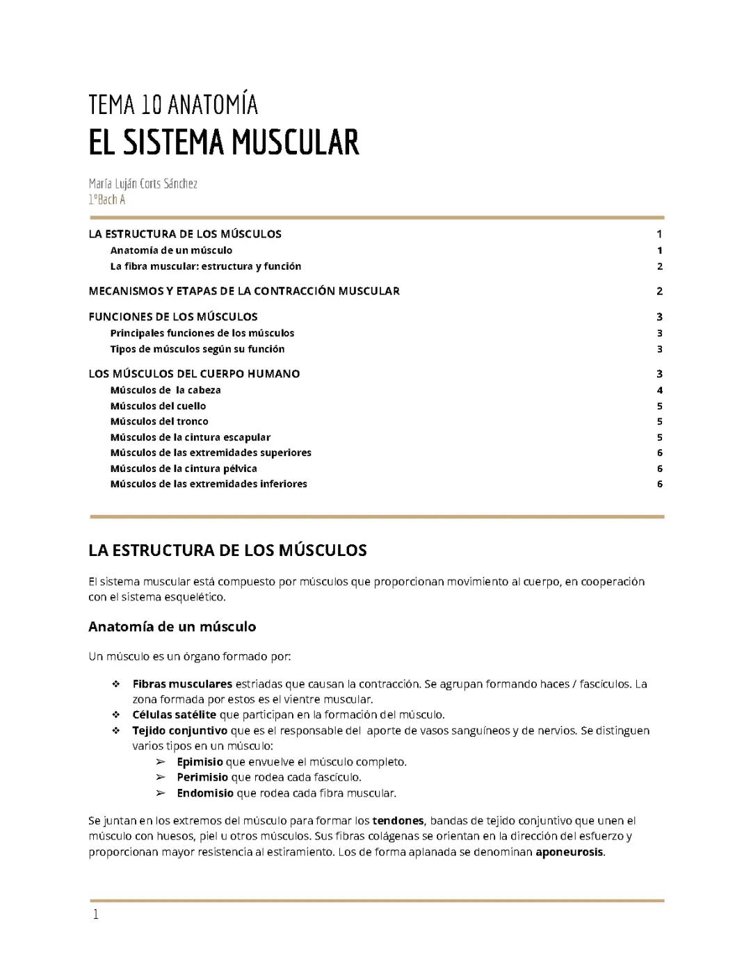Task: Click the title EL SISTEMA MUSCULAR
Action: pos(223,142)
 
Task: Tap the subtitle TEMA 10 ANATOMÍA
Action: pos(173,105)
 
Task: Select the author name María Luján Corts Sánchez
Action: pos(143,183)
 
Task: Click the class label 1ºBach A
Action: pos(106,199)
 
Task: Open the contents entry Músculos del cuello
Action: pos(158,406)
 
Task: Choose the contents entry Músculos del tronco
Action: pos(159,421)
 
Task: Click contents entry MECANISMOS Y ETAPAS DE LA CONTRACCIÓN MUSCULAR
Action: pos(244,291)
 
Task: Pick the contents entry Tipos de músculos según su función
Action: pos(197,349)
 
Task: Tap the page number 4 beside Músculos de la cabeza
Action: pos(659,390)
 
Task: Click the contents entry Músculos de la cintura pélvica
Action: pos(184,468)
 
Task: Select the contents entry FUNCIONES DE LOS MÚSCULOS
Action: pos(173,317)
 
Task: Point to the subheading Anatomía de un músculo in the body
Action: pos(172,627)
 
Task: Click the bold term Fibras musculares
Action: pos(182,684)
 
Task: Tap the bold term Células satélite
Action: pos(174,715)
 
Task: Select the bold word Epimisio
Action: pos(200,762)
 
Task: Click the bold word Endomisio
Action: pos(205,793)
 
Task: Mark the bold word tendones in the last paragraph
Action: pos(398,821)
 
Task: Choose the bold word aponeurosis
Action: pos(569,852)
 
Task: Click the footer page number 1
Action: pos(96,915)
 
